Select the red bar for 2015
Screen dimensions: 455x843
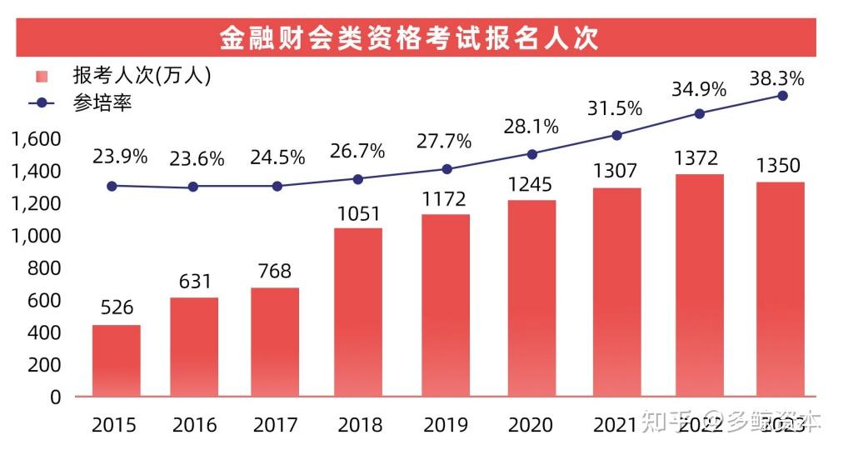click(x=116, y=360)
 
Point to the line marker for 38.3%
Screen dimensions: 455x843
click(x=782, y=96)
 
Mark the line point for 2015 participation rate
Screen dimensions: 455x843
click(x=112, y=186)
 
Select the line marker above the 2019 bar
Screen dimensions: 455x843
click(x=446, y=169)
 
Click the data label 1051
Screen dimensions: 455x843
click(x=359, y=214)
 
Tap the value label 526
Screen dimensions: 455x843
click(x=117, y=307)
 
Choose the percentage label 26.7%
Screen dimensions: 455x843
click(x=357, y=152)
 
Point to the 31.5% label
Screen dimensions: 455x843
click(x=616, y=108)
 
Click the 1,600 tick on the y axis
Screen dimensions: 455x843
click(x=37, y=138)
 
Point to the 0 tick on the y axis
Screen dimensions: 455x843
click(x=56, y=397)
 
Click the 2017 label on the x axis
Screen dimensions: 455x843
click(x=275, y=426)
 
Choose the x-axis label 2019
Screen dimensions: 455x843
click(x=446, y=426)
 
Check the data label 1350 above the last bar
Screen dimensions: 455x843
click(x=782, y=165)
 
